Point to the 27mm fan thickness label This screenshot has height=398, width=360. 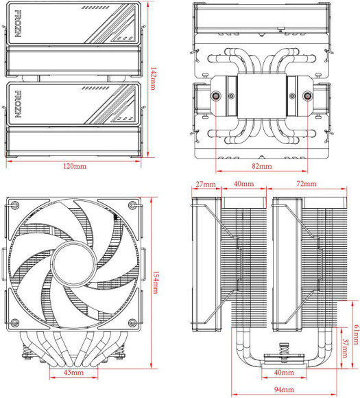click(206, 185)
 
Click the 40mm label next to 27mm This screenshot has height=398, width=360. click(242, 185)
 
